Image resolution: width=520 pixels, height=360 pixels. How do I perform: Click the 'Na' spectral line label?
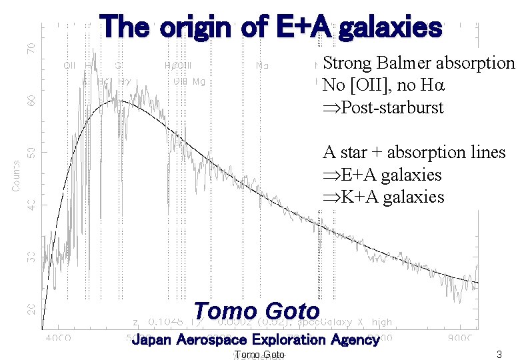263,65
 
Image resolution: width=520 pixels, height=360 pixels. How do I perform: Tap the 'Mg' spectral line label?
198,81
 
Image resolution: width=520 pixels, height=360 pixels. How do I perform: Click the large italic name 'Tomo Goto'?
257,311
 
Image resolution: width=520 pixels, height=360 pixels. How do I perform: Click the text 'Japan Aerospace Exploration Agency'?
255,340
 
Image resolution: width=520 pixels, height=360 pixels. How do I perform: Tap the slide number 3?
499,354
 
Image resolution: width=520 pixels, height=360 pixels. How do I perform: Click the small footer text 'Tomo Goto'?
260,355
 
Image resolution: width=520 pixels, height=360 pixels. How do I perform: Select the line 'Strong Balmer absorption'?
419,63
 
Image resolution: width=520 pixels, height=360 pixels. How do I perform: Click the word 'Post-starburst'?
391,107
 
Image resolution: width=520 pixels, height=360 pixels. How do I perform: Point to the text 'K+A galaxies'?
392,197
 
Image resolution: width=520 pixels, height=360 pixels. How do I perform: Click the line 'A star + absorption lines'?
414,153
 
